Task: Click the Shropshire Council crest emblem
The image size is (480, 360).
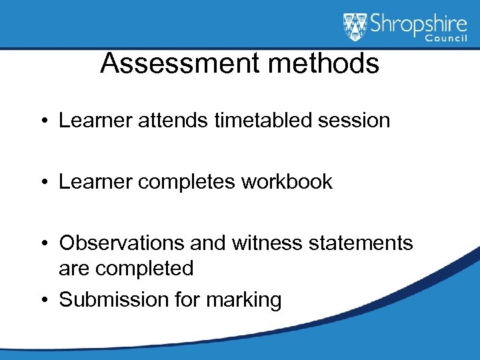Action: click(x=355, y=27)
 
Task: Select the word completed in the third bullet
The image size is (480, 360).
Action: click(x=145, y=269)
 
